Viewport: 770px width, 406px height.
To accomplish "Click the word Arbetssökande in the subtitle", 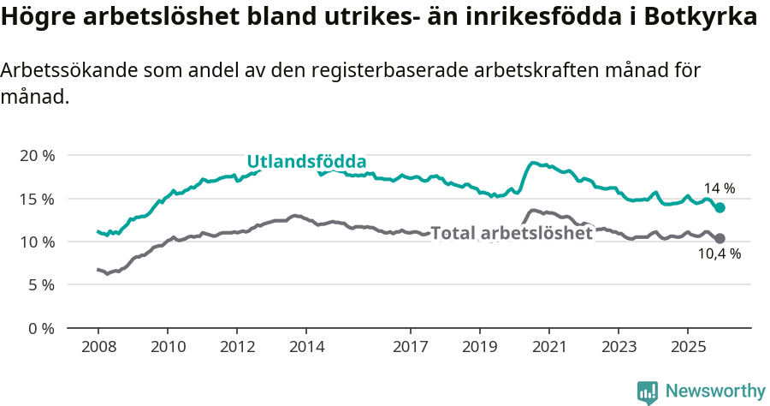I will point(62,71).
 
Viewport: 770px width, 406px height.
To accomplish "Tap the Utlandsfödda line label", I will point(306,161).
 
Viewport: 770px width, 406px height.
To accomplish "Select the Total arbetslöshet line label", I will point(512,232).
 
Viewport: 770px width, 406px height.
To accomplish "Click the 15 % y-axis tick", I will point(37,199).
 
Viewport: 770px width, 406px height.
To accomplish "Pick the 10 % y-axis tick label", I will point(37,242).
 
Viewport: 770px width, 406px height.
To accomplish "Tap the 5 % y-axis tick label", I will point(41,284).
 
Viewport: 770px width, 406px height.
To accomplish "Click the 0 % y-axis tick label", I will point(41,328).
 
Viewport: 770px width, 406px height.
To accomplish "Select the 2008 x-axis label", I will point(98,347).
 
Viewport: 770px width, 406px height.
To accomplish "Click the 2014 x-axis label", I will point(306,347).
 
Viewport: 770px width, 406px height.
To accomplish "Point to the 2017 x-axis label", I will point(410,347).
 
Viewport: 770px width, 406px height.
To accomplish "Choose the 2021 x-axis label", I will point(548,347).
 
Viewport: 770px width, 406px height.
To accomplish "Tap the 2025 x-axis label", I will point(687,347).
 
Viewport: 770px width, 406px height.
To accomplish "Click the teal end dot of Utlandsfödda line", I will point(720,207).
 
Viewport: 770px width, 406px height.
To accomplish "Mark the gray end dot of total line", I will point(720,238).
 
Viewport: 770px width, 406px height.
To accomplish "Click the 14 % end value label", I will point(719,188).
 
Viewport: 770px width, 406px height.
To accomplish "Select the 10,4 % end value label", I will point(719,254).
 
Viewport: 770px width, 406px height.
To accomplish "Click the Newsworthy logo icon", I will point(648,391).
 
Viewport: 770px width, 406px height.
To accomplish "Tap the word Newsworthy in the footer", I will point(714,391).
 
